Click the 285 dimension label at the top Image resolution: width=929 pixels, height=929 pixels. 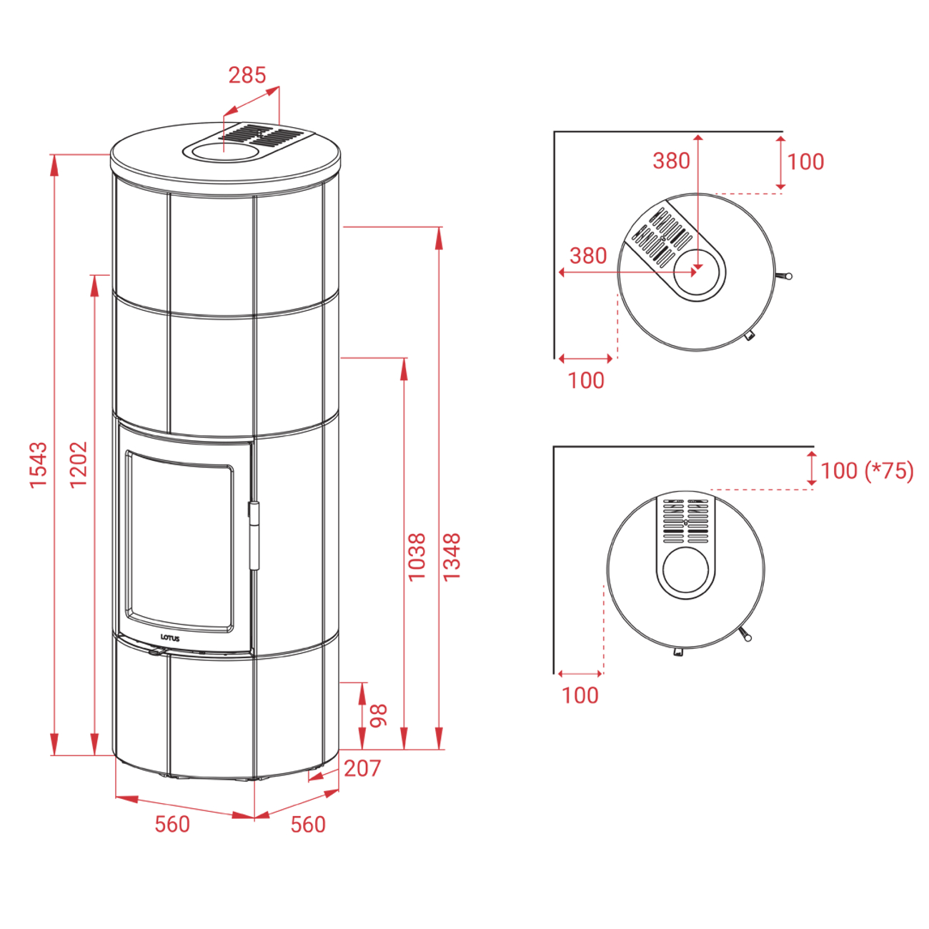(247, 75)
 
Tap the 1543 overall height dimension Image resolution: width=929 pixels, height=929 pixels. (39, 464)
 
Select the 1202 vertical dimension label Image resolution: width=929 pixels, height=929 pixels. (79, 464)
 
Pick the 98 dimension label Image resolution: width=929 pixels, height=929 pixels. (379, 715)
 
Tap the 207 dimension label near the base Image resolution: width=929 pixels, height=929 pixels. (362, 768)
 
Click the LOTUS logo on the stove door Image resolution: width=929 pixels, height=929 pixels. (169, 638)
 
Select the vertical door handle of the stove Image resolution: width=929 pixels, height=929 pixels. (253, 535)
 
